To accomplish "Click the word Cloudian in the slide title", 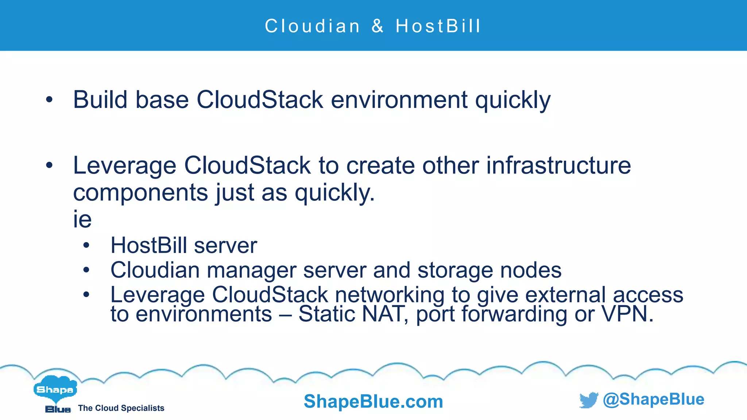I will [312, 26].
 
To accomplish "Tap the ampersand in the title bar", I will [378, 26].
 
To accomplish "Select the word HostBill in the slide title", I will [438, 26].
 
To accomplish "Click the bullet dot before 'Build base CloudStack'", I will [49, 100].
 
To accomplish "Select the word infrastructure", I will [558, 166].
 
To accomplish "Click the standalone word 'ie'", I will [82, 219].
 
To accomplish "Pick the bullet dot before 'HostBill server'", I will [86, 245].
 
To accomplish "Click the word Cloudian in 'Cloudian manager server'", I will [155, 270].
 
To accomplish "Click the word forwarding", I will [514, 314].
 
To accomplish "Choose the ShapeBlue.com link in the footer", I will [373, 401].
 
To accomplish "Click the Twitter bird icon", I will [588, 400].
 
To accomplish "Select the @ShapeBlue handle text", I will [654, 399].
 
